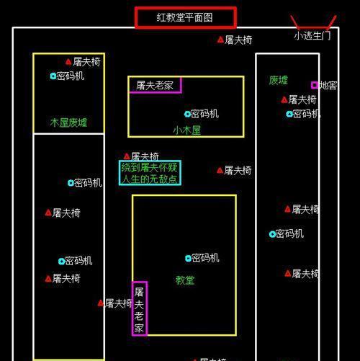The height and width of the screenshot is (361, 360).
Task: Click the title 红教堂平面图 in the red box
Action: pyautogui.click(x=184, y=17)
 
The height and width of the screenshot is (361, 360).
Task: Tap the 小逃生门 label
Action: pyautogui.click(x=312, y=36)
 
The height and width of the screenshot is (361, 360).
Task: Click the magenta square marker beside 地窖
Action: pyautogui.click(x=315, y=85)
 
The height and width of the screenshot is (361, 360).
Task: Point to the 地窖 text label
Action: pyautogui.click(x=328, y=85)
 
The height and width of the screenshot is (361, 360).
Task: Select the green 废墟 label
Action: pyautogui.click(x=278, y=80)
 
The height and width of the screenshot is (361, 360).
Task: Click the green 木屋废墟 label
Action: pyautogui.click(x=68, y=122)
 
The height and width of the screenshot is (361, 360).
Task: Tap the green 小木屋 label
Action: pyautogui.click(x=186, y=130)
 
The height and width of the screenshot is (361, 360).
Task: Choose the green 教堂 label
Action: pyautogui.click(x=185, y=280)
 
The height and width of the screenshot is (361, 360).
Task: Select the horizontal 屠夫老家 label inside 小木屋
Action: pyautogui.click(x=155, y=85)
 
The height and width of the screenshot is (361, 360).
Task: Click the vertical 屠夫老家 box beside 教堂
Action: pyautogui.click(x=139, y=308)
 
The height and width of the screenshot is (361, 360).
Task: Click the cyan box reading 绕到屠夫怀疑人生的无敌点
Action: pyautogui.click(x=150, y=173)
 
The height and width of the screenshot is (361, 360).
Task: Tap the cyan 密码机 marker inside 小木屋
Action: pyautogui.click(x=187, y=114)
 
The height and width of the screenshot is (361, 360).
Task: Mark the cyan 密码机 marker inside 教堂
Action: pyautogui.click(x=188, y=258)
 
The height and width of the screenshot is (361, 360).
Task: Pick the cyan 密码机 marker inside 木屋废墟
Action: pyautogui.click(x=53, y=76)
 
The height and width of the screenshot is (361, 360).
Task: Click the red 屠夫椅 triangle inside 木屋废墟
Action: pyautogui.click(x=68, y=62)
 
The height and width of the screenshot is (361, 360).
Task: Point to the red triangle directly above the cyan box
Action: pyautogui.click(x=127, y=156)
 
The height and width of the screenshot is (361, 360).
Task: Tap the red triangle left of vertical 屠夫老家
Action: pyautogui.click(x=101, y=303)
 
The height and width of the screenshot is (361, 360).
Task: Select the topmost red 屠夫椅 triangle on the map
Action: pyautogui.click(x=220, y=40)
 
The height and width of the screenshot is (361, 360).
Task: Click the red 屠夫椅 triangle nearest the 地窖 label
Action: pyautogui.click(x=284, y=99)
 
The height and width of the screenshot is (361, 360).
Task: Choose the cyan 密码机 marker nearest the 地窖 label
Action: pyautogui.click(x=289, y=114)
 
